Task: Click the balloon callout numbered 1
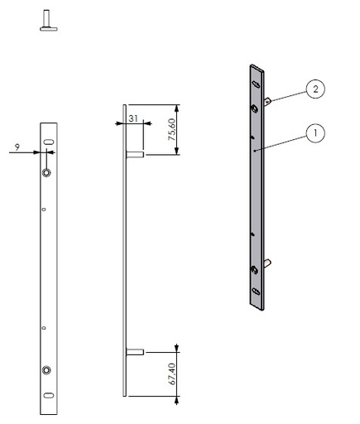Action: tap(314, 132)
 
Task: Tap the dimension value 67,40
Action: tap(171, 375)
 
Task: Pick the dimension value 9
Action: tap(17, 147)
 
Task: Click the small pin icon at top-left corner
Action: tap(47, 20)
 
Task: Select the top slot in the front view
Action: tap(49, 144)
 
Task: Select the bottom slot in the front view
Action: tap(49, 395)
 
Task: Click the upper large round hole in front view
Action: tap(48, 171)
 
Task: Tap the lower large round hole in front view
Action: tap(48, 369)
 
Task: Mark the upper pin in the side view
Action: tap(136, 154)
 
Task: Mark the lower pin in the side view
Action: tap(136, 352)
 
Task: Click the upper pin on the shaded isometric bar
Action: tap(270, 100)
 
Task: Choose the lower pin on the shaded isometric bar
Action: tap(270, 263)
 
